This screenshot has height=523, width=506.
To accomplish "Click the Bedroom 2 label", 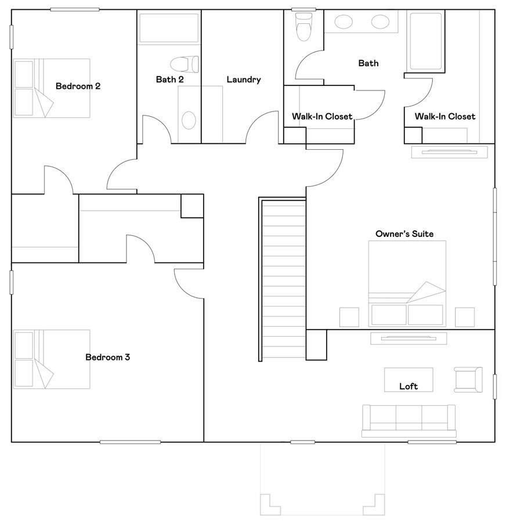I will [78, 86].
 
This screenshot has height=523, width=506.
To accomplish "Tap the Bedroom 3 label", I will [107, 357].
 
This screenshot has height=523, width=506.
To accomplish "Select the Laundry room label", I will [244, 80].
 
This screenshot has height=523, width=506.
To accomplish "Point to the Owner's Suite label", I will [404, 234].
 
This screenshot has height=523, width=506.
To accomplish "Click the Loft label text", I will [408, 386].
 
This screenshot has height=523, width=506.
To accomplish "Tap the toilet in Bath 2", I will [184, 63].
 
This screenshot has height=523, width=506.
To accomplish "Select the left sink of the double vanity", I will [344, 23].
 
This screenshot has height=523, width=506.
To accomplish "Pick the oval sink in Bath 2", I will [189, 120].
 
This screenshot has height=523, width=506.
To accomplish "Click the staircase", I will [284, 279].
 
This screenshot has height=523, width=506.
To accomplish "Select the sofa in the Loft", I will [408, 420].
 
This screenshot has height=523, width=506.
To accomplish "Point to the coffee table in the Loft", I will [408, 379].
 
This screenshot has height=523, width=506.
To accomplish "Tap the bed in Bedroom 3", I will [52, 359].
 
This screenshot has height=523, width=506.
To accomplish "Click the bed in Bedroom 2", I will [52, 88].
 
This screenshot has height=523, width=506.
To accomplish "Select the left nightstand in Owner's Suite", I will [349, 316].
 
